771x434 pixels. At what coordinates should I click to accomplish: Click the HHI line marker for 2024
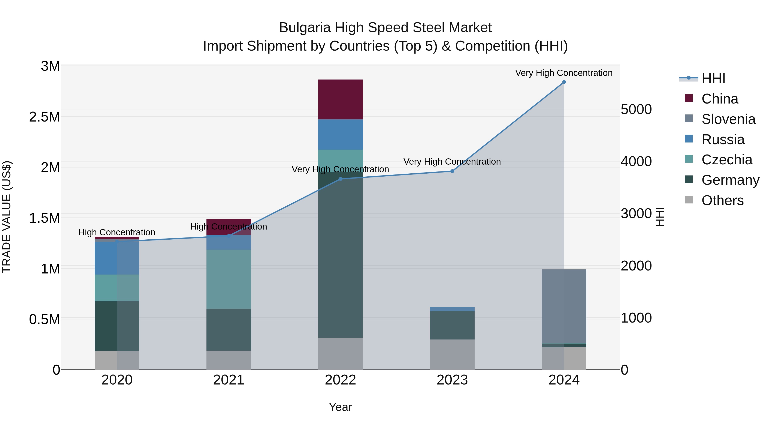pos(564,82)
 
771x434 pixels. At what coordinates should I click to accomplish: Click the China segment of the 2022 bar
pos(340,99)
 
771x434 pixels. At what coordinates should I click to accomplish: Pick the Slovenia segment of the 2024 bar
pos(564,306)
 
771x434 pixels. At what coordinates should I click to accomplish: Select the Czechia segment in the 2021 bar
pos(229,279)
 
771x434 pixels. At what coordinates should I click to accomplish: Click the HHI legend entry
pos(713,78)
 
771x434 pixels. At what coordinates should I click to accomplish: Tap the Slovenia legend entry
pos(728,119)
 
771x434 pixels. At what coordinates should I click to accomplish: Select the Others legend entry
pos(722,200)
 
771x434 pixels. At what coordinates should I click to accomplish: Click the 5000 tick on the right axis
pos(636,109)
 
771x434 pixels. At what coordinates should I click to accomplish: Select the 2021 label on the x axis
pos(229,380)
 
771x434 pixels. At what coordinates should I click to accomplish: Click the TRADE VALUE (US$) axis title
pos(7,217)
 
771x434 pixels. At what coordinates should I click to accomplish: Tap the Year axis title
pos(340,407)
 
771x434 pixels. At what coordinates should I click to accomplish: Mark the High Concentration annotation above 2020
pos(117,232)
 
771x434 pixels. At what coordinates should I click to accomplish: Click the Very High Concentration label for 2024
pos(564,73)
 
